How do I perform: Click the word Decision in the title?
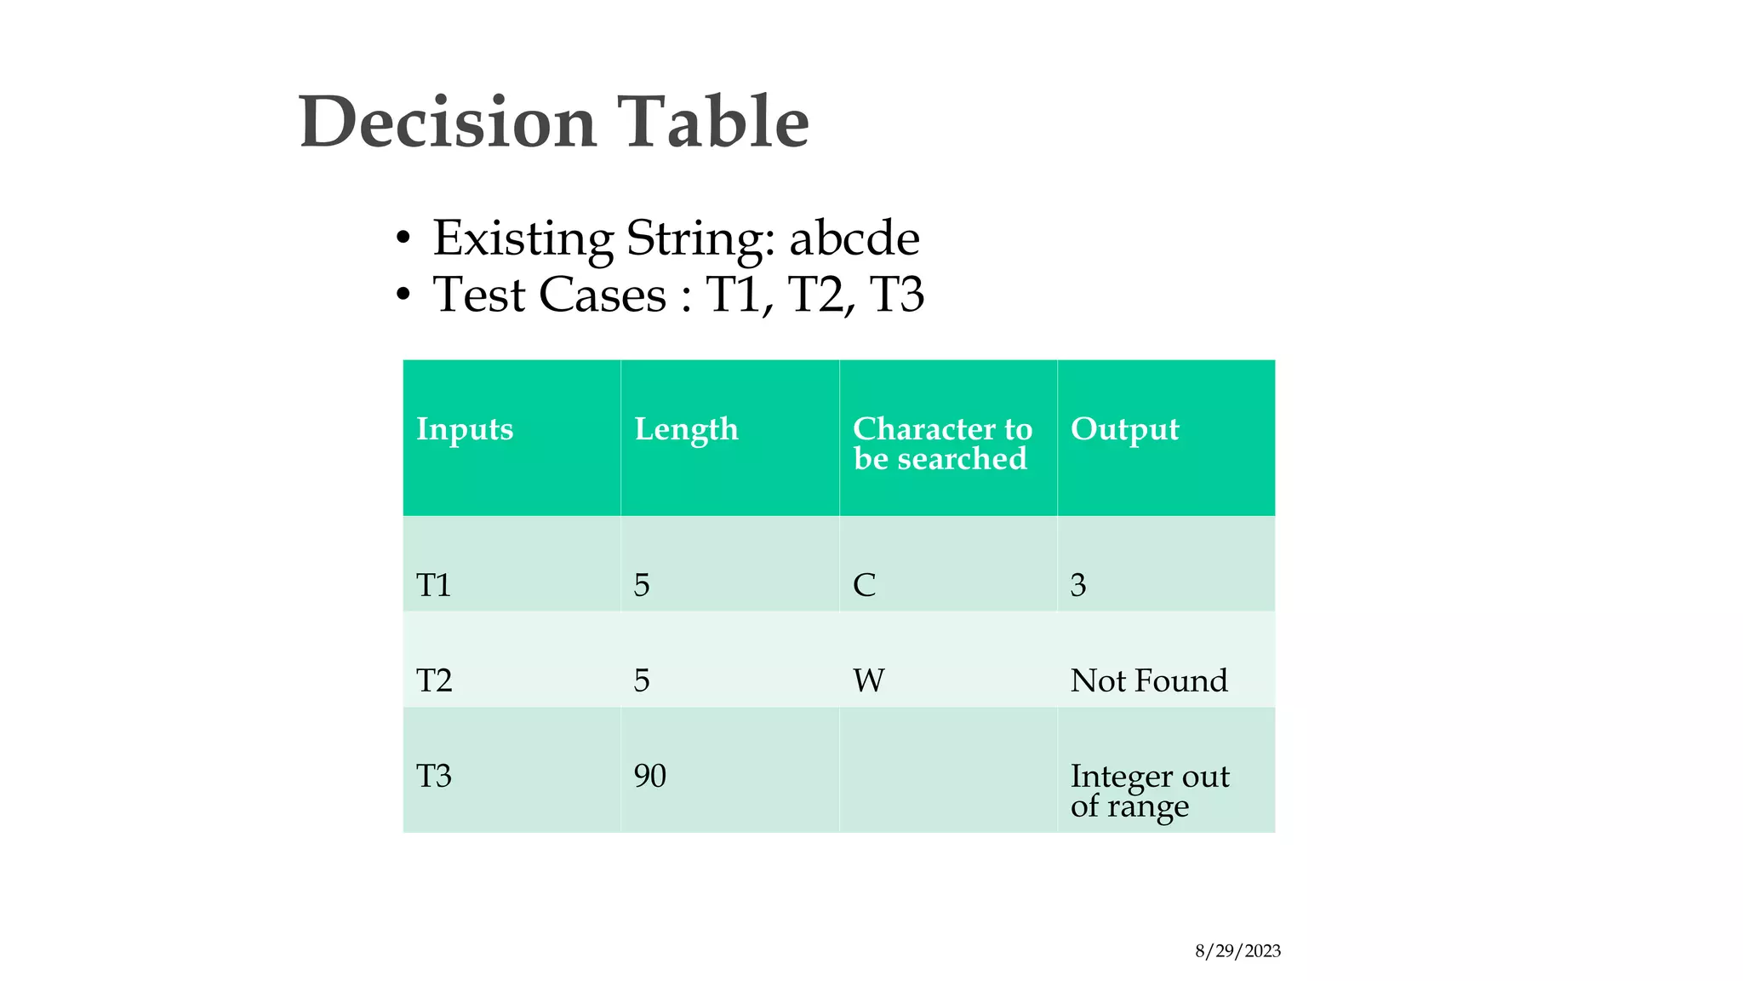coord(447,122)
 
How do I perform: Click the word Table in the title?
coord(712,122)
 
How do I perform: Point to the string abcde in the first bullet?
coord(854,238)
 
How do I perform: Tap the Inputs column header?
coord(465,429)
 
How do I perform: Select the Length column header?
coord(686,429)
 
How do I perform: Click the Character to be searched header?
coord(941,444)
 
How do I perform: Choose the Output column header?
coord(1124,429)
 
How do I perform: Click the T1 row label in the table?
coord(434,585)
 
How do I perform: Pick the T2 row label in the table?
coord(434,680)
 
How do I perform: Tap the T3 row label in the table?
coord(434,776)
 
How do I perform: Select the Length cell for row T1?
coord(642,585)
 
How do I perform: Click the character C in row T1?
coord(864,585)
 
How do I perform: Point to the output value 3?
coord(1077,585)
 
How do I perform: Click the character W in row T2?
coord(868,680)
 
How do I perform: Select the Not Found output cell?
coord(1148,680)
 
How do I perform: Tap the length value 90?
coord(649,776)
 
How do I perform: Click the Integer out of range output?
coord(1149,790)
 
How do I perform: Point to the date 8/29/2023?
coord(1237,951)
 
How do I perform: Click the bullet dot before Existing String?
coord(403,239)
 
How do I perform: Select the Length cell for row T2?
coord(642,680)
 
